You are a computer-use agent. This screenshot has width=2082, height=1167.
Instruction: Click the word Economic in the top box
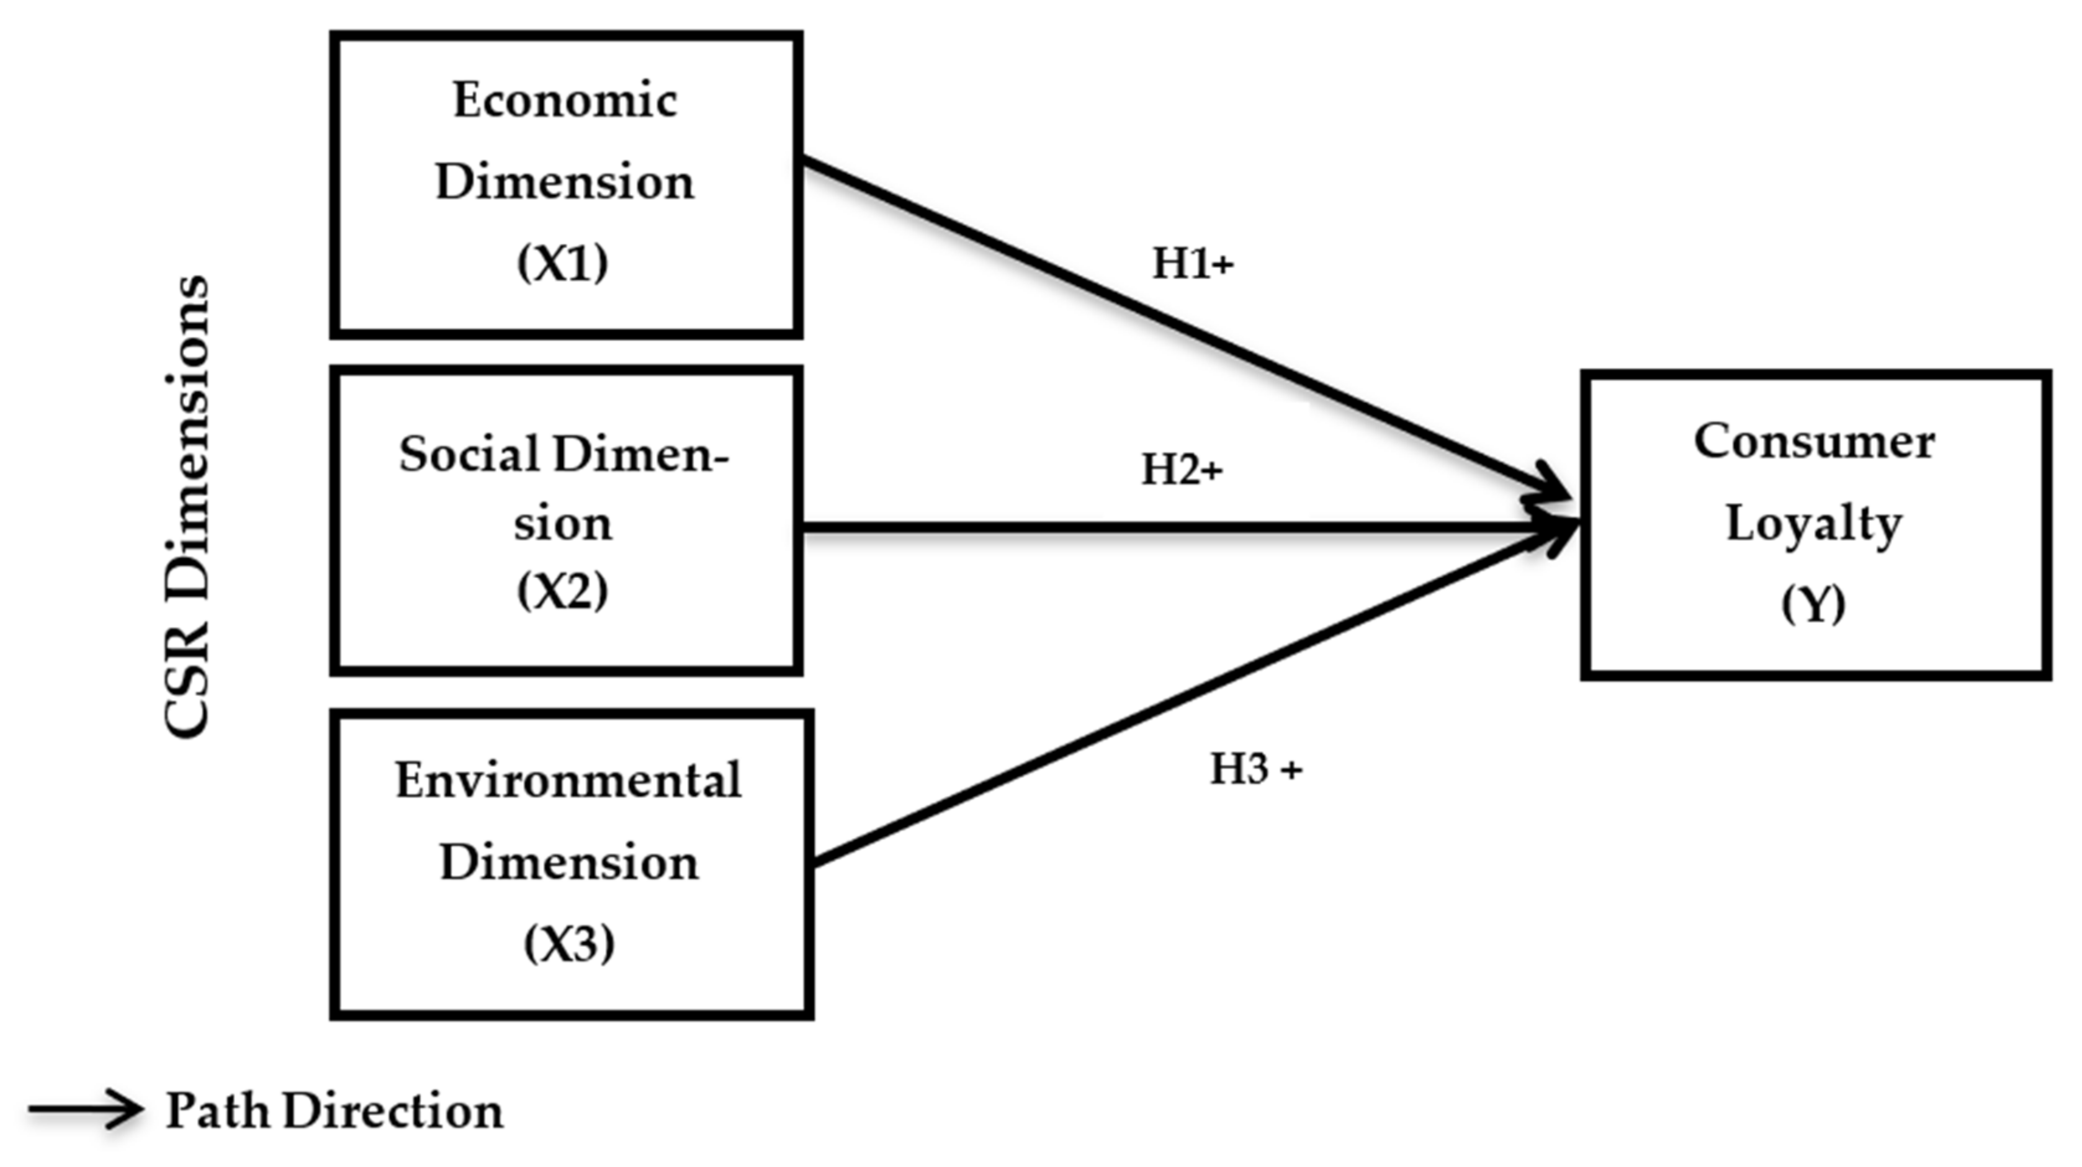[x=564, y=102]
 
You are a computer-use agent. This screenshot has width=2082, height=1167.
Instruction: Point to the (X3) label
[x=569, y=943]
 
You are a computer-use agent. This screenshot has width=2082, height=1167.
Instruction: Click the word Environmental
[x=568, y=780]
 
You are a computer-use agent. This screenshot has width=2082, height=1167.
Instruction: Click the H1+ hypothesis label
[x=1192, y=264]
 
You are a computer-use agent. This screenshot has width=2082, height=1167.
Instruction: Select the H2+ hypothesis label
[x=1182, y=470]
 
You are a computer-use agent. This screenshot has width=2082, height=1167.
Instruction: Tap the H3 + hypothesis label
[x=1255, y=769]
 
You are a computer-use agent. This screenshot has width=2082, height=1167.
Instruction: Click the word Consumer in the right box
[x=1815, y=442]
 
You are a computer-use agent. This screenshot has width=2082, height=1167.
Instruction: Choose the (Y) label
[x=1814, y=604]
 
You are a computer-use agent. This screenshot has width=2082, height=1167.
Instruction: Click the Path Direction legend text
[x=334, y=1111]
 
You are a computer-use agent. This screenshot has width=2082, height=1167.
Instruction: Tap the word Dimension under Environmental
[x=569, y=862]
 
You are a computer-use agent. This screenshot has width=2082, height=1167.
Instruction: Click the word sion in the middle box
[x=562, y=524]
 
